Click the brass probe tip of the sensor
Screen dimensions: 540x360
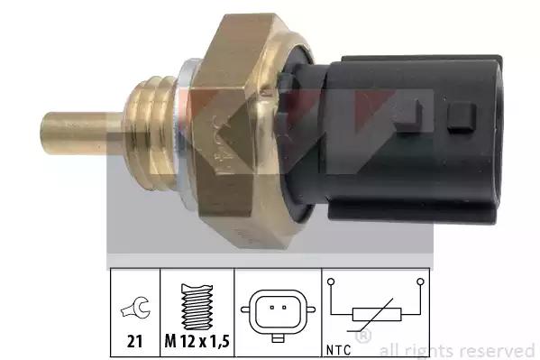[81, 133]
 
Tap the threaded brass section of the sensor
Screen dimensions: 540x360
[150, 133]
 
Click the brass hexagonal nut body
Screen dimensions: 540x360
[241, 131]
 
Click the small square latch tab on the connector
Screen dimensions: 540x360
[462, 117]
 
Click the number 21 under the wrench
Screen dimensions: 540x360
[134, 342]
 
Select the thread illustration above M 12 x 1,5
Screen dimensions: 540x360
[197, 307]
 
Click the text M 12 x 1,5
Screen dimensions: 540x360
[197, 341]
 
